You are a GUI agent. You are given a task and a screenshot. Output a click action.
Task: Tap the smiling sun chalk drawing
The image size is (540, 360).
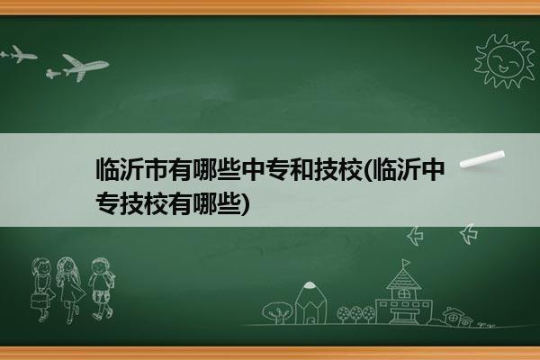[505, 61]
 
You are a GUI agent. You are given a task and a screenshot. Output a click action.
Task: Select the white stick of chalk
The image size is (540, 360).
[482, 159]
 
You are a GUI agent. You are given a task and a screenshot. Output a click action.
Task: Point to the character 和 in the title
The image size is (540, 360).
[301, 169]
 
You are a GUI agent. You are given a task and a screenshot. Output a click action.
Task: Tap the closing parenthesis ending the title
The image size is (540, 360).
[244, 204]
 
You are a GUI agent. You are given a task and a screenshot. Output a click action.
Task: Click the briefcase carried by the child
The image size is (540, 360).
[39, 301]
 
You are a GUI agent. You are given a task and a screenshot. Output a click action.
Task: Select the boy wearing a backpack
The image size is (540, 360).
[101, 288]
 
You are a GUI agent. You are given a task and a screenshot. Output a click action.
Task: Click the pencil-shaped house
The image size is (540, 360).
[310, 302]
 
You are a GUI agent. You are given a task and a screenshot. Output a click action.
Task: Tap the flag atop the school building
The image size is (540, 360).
[407, 263]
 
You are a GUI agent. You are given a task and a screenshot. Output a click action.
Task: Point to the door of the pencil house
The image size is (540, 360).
[310, 319]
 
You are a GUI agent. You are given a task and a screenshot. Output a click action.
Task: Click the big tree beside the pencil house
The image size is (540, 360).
[277, 312]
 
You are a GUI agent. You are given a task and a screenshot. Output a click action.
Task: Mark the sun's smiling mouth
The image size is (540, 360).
[503, 67]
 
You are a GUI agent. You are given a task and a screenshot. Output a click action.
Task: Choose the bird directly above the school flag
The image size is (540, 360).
[415, 236]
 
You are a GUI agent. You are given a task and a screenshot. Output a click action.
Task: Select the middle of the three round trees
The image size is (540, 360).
[356, 314]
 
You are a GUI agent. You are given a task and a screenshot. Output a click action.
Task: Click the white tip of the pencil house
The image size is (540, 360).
[310, 284]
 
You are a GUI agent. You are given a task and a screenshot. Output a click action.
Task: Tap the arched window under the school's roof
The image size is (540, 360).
[403, 294]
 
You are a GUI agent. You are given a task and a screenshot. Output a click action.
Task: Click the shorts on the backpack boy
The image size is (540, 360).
[100, 297]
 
